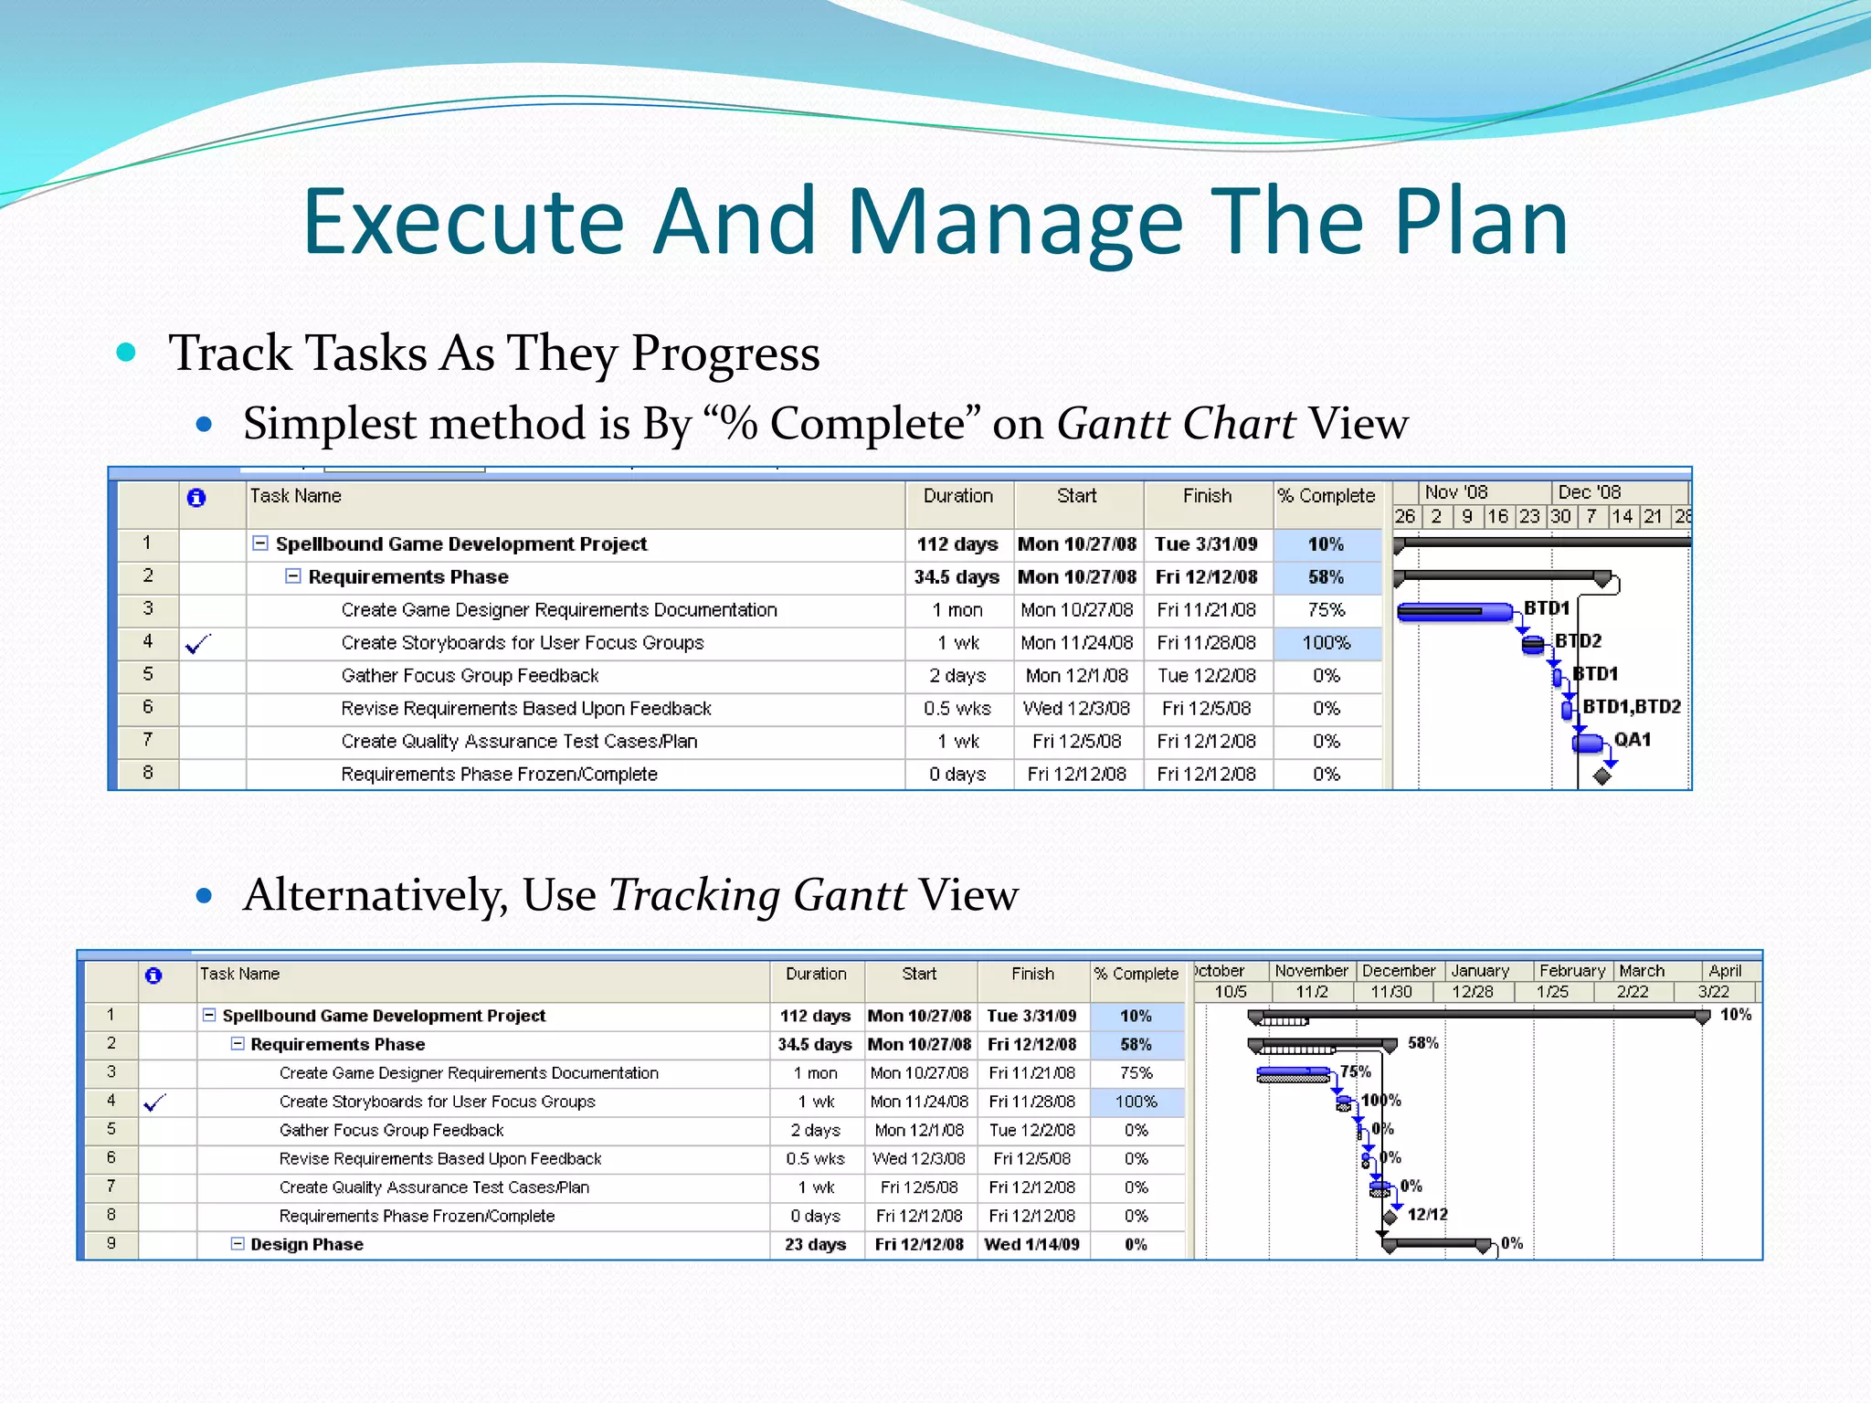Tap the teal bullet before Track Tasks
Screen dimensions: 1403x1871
tap(127, 353)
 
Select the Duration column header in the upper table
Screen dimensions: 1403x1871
tap(957, 496)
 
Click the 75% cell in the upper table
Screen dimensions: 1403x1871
tap(1326, 610)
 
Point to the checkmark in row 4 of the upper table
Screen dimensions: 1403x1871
tap(198, 644)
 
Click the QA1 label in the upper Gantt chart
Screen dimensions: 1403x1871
tap(1632, 740)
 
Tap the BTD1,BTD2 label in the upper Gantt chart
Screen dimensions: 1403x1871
tap(1631, 707)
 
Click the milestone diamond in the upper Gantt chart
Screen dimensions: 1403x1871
tap(1601, 775)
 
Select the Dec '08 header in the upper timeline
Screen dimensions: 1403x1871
tap(1589, 492)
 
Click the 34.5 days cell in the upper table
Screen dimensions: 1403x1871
tap(957, 577)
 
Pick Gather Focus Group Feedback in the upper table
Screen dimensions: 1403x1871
tap(470, 676)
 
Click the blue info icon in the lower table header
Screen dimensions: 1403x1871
tap(153, 976)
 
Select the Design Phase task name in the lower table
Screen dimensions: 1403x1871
tap(307, 1245)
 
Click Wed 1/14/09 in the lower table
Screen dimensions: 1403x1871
tap(1031, 1245)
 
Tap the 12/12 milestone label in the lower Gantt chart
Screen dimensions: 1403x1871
tap(1427, 1215)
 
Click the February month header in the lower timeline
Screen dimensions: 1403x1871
tap(1571, 971)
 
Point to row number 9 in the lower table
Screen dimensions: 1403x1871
tap(111, 1243)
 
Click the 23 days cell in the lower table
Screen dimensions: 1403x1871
tap(815, 1245)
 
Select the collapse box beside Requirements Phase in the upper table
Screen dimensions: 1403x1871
tap(292, 576)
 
